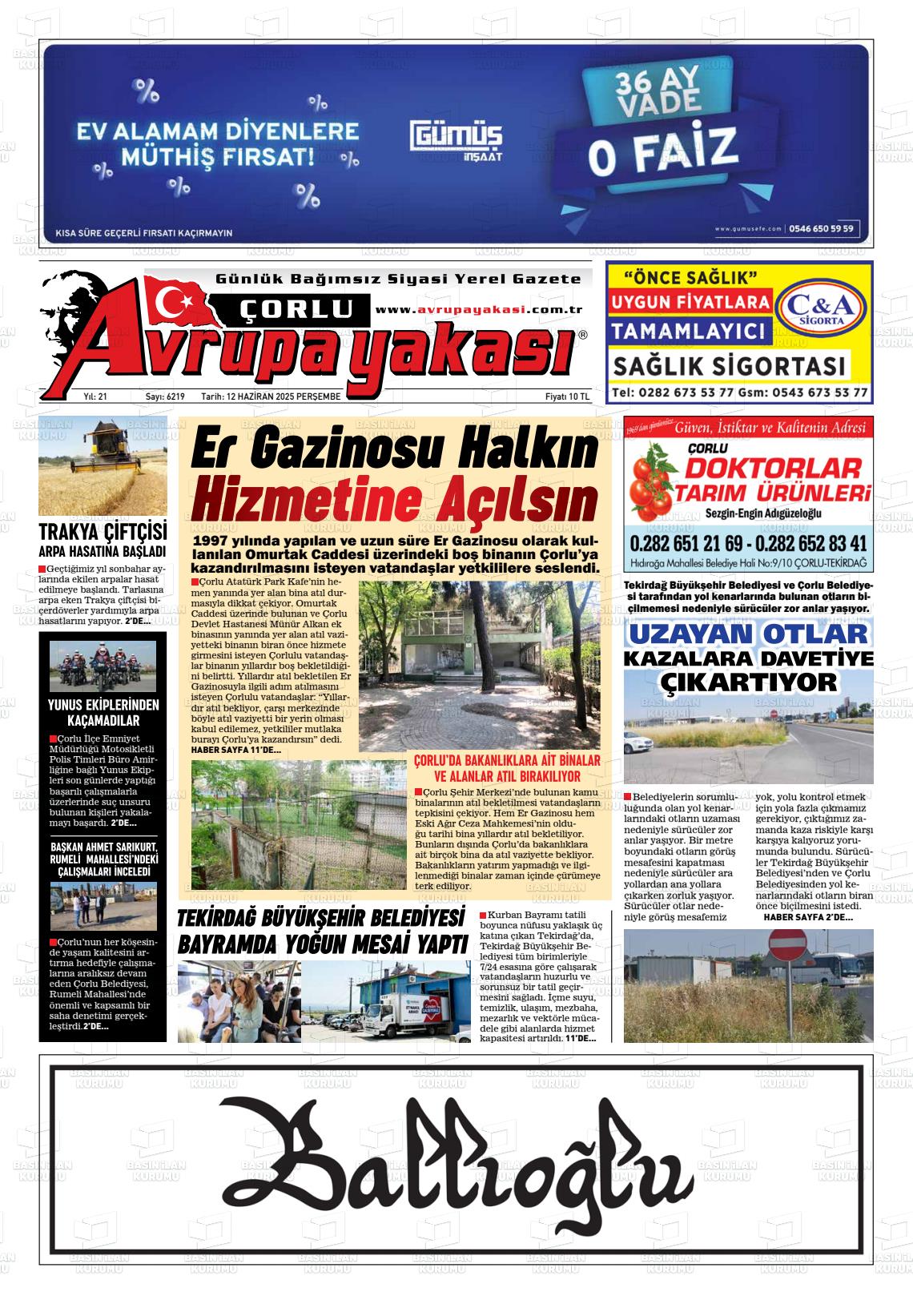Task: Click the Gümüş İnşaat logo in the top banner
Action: coord(457,140)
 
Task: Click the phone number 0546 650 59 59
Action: coord(821,228)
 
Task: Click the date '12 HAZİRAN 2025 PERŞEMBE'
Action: coord(271,396)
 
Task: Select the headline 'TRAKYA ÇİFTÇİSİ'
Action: coord(103,532)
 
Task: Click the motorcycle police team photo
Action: coord(103,666)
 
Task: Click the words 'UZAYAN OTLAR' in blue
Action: coord(748,634)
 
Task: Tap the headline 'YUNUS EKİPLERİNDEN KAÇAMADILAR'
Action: coord(103,712)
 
